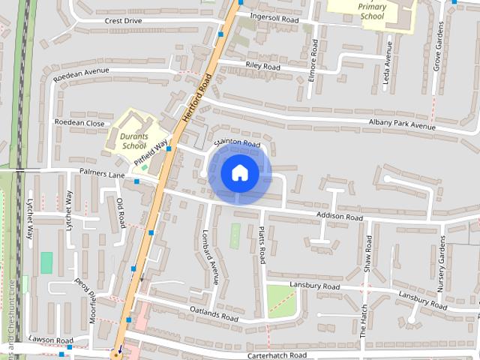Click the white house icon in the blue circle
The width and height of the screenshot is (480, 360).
[x=239, y=173]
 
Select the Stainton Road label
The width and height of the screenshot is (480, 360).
[x=236, y=142]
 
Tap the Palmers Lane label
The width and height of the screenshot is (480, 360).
[x=102, y=175]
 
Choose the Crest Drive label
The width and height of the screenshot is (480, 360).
[x=123, y=21]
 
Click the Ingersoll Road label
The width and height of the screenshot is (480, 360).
[x=274, y=19]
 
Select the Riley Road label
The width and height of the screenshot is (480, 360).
[x=262, y=67]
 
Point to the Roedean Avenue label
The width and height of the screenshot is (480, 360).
[x=81, y=72]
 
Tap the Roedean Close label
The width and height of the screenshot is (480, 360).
[x=79, y=122]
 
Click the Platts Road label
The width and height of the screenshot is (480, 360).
[x=262, y=244]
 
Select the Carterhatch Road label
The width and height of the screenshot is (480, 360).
[x=277, y=355]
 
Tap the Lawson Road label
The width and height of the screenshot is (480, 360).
[x=51, y=340]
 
